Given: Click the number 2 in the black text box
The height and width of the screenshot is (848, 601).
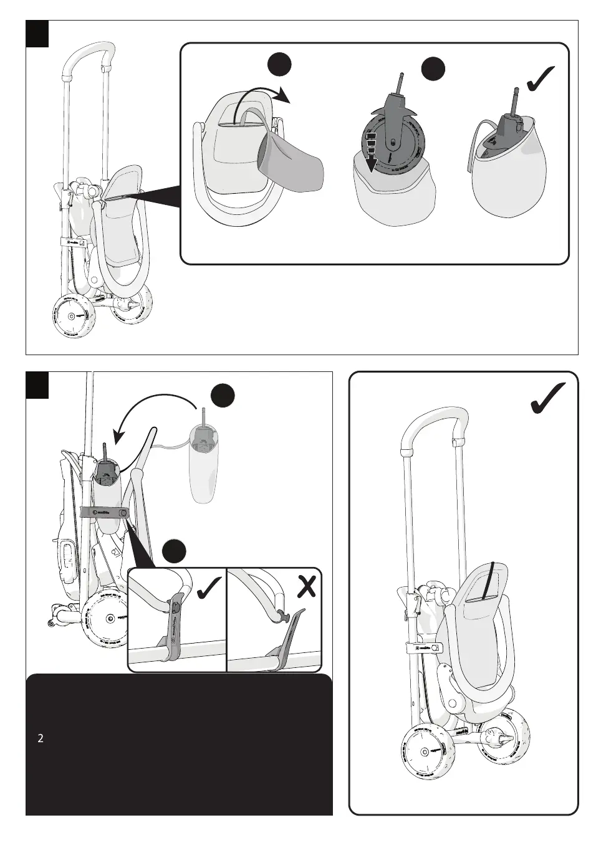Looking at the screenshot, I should coord(41,739).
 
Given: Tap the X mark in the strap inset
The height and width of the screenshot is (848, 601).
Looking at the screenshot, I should coord(305,585).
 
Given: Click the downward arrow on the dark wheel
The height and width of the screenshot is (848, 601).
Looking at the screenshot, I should coord(371,153).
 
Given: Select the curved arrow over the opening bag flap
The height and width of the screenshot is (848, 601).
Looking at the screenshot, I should coord(262,100).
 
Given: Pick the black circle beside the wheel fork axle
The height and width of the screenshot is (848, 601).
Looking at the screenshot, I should coord(433,69).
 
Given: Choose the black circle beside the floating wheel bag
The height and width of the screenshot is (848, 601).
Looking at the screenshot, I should coord(223,396).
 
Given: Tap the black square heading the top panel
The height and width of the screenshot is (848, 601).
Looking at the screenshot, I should coord(37,34).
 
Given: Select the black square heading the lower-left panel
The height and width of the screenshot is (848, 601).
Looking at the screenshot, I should coord(37,384).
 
